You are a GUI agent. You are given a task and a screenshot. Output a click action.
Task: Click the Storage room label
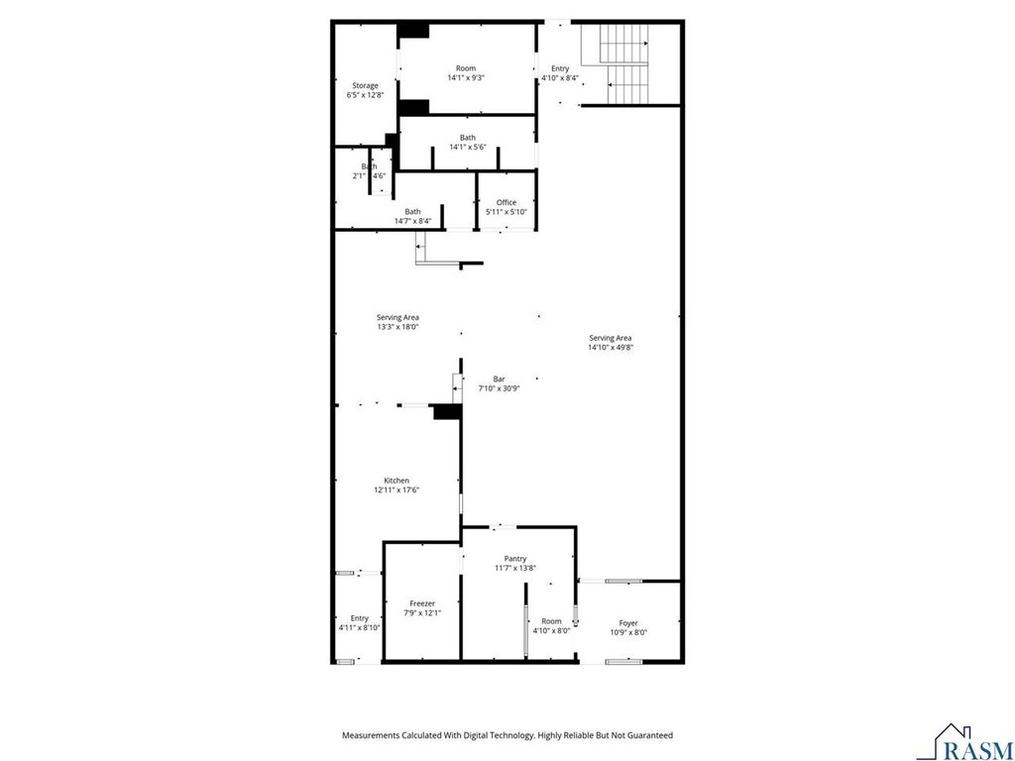pos(365,85)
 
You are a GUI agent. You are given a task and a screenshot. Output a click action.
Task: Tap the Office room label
pos(507,202)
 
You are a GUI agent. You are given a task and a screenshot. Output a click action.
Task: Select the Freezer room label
pos(422,603)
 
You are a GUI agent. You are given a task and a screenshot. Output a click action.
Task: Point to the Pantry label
pos(515,559)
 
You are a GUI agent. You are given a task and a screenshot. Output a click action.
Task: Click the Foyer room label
pos(628,623)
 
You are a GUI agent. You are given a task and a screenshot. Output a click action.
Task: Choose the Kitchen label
pos(396,481)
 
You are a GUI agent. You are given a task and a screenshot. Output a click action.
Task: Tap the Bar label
pos(499,380)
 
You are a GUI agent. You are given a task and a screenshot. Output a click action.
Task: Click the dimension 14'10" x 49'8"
pos(610,347)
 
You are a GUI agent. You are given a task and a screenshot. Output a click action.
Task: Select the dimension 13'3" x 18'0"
pos(398,327)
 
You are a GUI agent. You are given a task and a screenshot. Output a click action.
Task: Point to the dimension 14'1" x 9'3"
pos(466,77)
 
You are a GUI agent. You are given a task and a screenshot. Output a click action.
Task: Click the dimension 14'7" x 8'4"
pos(412,221)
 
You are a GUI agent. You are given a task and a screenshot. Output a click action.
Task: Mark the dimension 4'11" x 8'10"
pos(359,627)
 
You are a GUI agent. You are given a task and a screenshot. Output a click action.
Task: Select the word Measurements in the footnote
pos(369,736)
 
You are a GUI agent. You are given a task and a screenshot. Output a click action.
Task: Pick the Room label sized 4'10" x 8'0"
pos(551,621)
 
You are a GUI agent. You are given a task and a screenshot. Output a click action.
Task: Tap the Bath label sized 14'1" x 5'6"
pos(468,137)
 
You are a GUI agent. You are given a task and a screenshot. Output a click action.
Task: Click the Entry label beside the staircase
pos(560,68)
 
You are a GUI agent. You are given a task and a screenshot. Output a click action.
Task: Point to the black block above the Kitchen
pos(447,411)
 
